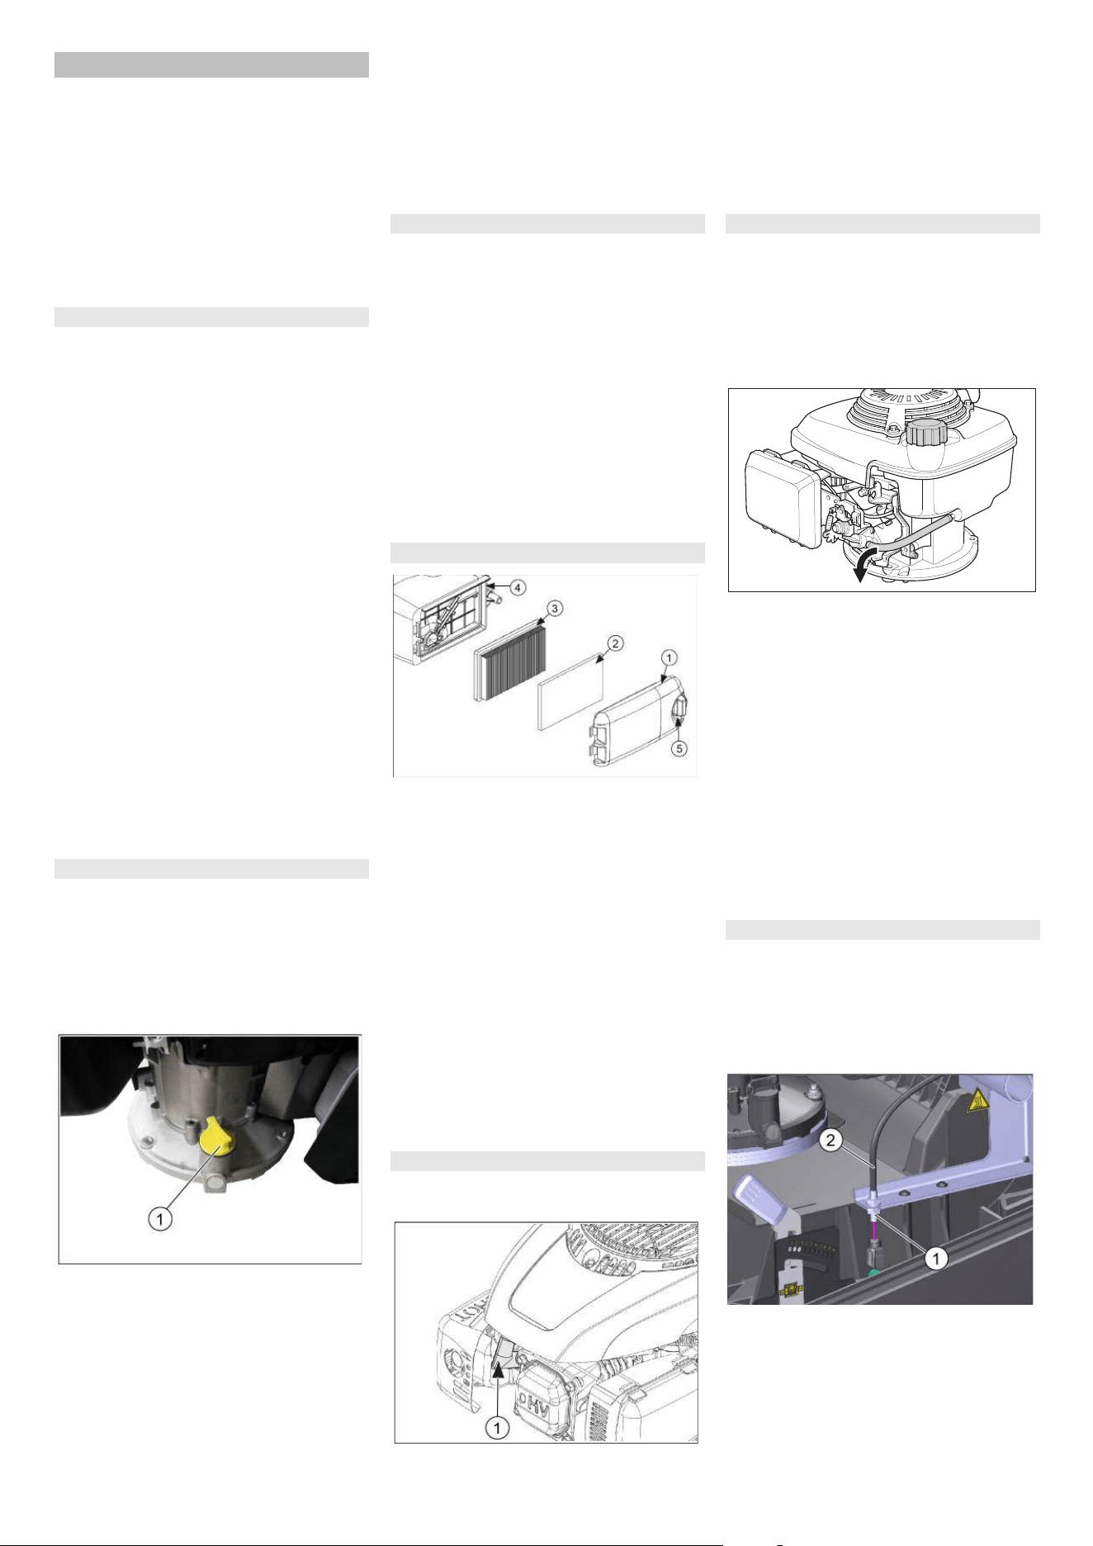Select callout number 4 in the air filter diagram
pyautogui.click(x=517, y=587)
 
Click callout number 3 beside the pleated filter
pyautogui.click(x=556, y=609)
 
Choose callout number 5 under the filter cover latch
pyautogui.click(x=678, y=748)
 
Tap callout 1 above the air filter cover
pyautogui.click(x=670, y=657)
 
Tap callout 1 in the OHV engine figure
pyautogui.click(x=497, y=1426)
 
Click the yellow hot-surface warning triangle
pyautogui.click(x=977, y=1100)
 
